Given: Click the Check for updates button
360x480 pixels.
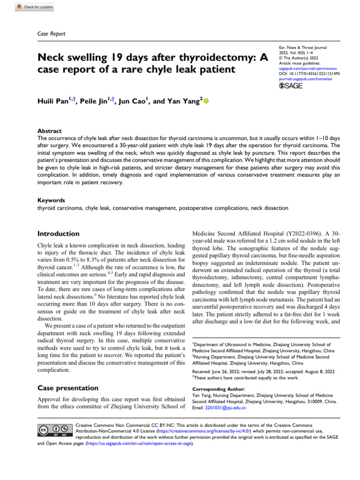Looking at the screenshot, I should tap(35, 7).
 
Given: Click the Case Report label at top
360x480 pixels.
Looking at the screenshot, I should tap(51, 34).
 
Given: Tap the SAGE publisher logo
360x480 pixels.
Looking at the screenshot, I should tap(291, 86).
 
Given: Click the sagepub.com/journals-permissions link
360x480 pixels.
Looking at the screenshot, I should tap(304, 68).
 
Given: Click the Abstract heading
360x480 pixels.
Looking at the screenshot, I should tap(49, 131).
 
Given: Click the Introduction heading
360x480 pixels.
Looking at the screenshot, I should tap(58, 233).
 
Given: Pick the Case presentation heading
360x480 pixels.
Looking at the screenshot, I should tap(67, 388).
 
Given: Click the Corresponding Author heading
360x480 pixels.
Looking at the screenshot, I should tap(218, 389).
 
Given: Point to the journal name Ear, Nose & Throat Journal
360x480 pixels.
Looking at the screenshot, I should tap(302, 47).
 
